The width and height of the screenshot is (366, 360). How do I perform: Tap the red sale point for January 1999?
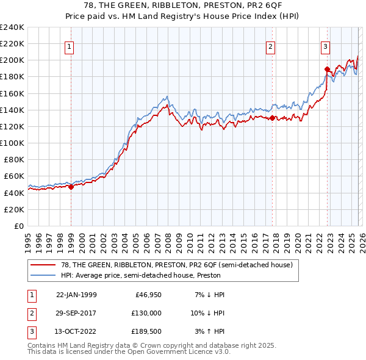tap(71, 187)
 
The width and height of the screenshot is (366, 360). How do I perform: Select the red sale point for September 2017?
tap(272, 118)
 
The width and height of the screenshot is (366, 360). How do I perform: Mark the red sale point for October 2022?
tap(327, 69)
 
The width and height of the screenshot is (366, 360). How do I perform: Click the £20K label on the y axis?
tap(14, 209)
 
